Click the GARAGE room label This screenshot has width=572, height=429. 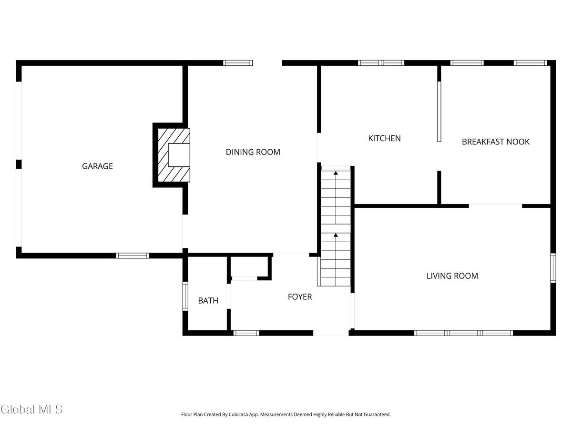(97, 166)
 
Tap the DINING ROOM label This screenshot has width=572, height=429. (253, 152)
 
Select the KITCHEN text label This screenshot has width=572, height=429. (384, 138)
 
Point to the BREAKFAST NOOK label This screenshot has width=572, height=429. (495, 142)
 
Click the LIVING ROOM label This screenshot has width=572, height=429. (452, 276)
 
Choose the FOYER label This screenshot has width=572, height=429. (299, 297)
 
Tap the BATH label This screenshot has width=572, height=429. (208, 301)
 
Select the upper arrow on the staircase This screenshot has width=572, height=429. (336, 173)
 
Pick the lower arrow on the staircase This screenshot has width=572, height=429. (336, 235)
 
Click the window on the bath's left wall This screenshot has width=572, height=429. (185, 296)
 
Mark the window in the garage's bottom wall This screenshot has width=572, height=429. (133, 256)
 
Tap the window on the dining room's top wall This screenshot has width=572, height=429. (238, 62)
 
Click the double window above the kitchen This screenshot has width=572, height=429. (381, 62)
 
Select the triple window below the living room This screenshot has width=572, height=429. (463, 333)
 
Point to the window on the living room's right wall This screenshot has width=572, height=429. (553, 268)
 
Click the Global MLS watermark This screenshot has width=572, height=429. (31, 409)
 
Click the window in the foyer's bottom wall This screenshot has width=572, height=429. (246, 333)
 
